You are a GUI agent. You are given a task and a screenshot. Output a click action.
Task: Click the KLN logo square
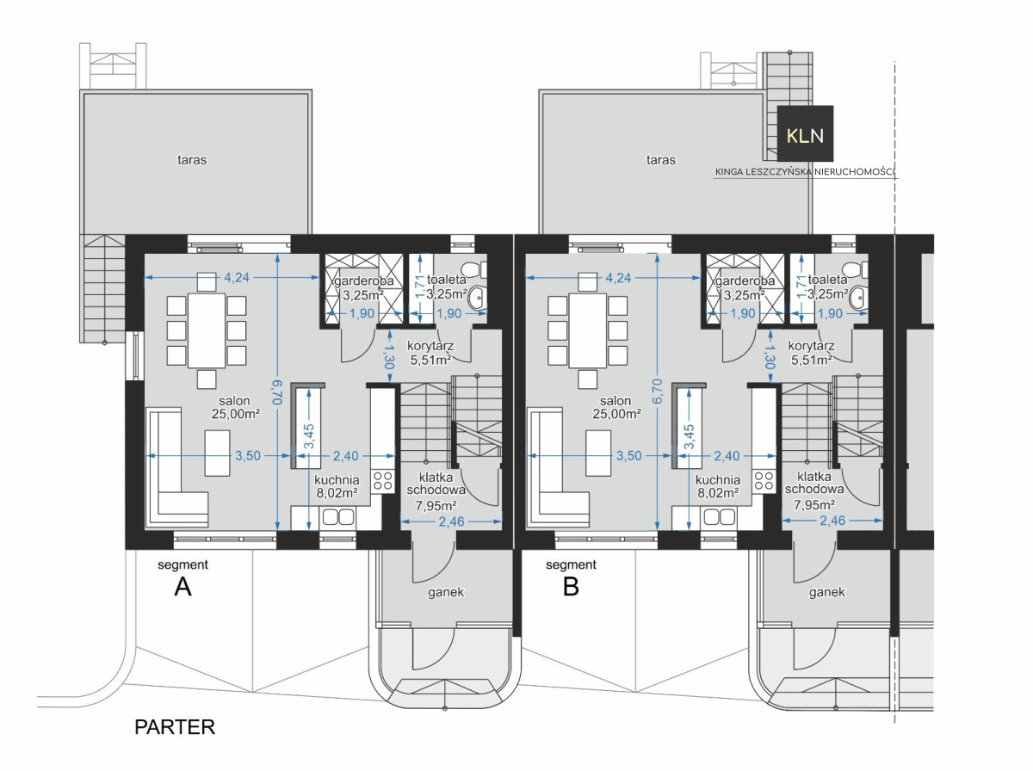click(x=805, y=133)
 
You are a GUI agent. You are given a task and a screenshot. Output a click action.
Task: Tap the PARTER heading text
click(x=175, y=727)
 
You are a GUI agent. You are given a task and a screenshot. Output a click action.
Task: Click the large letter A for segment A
click(x=183, y=587)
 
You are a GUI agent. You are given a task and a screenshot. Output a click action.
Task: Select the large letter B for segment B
click(x=571, y=587)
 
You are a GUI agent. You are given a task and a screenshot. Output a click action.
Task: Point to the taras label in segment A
click(x=192, y=160)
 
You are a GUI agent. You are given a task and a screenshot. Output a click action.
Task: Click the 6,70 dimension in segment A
click(x=277, y=392)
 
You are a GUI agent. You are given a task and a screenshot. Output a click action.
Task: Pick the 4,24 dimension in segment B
click(x=618, y=278)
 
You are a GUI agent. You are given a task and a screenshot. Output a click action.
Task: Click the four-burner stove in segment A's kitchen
click(x=382, y=481)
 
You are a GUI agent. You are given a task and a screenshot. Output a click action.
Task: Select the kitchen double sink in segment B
click(x=719, y=517)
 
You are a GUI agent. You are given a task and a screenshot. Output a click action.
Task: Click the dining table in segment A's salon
click(x=206, y=330)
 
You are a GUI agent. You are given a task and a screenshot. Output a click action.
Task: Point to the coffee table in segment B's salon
click(x=598, y=453)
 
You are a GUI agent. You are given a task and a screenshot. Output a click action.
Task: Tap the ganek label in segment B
click(x=827, y=592)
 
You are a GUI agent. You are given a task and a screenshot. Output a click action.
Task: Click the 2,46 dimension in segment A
click(x=451, y=521)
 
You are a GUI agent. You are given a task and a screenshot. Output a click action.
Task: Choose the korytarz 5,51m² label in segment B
click(x=812, y=353)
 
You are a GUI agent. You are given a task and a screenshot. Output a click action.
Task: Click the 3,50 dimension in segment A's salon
click(x=248, y=456)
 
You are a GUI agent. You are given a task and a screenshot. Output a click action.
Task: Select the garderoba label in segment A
click(x=364, y=281)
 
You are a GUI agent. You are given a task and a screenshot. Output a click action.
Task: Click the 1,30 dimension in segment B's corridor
click(x=770, y=356)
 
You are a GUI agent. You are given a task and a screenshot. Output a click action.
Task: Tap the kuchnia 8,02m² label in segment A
click(x=337, y=486)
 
